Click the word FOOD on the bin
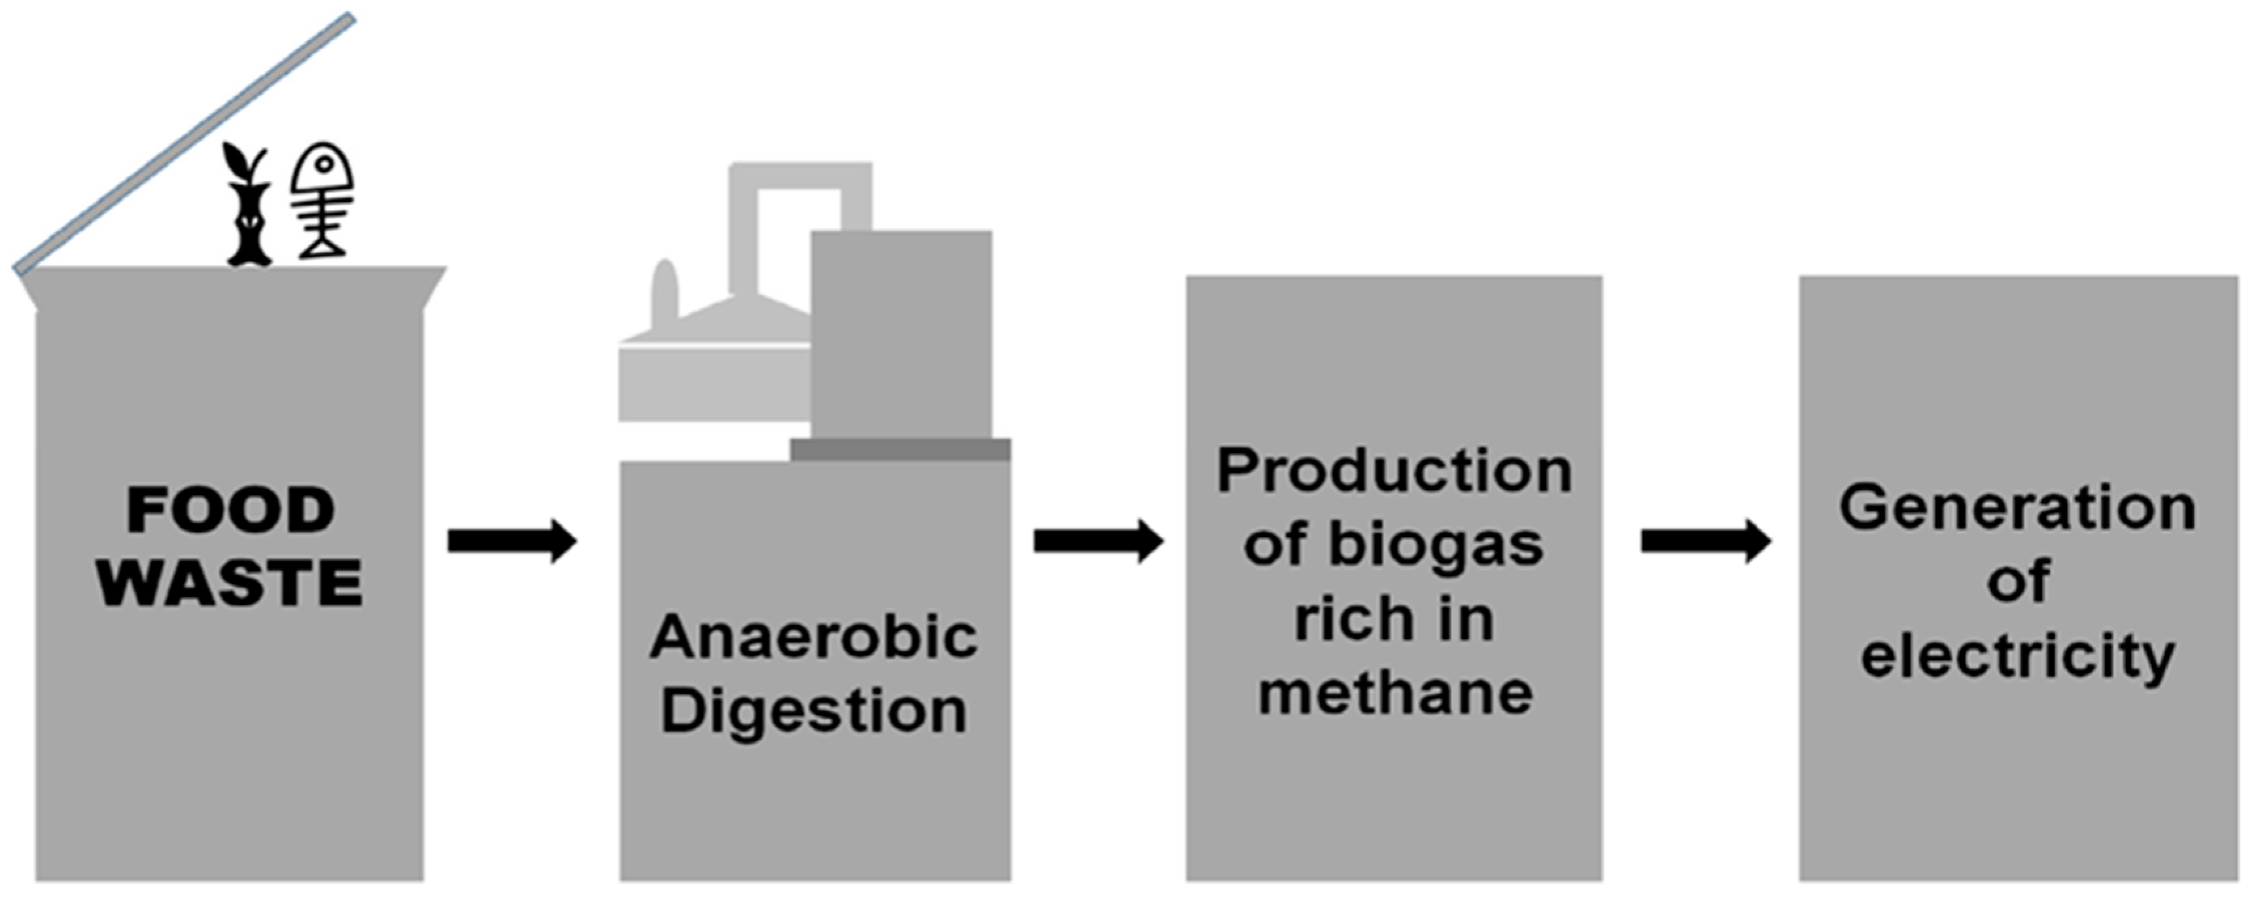point(230,510)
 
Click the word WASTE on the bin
point(230,582)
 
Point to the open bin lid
point(184,145)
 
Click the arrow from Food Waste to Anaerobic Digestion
point(512,540)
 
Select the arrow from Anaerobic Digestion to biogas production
point(1098,540)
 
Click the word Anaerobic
point(814,637)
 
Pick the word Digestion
point(814,710)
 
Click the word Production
point(1395,471)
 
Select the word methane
point(1395,693)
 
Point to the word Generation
point(2017,508)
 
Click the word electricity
point(2017,657)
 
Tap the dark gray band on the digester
point(899,450)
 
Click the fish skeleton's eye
point(324,164)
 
